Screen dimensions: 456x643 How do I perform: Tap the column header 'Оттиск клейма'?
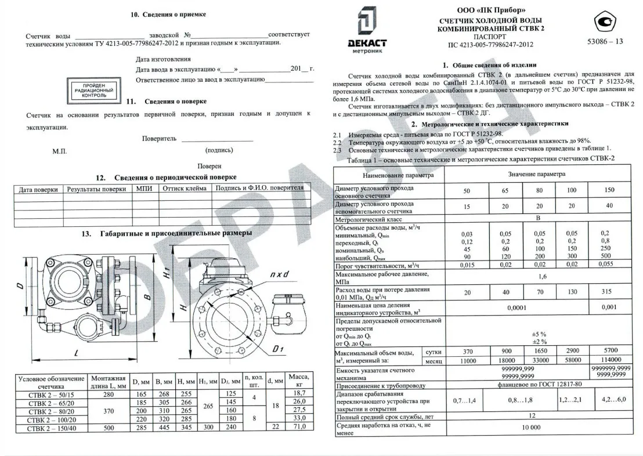coord(184,189)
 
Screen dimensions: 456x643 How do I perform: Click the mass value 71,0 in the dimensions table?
coord(299,428)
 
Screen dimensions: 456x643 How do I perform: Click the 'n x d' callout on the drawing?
coord(277,273)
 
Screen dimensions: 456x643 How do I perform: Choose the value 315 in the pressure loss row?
coord(609,292)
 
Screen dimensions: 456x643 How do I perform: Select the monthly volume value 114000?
coord(609,360)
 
